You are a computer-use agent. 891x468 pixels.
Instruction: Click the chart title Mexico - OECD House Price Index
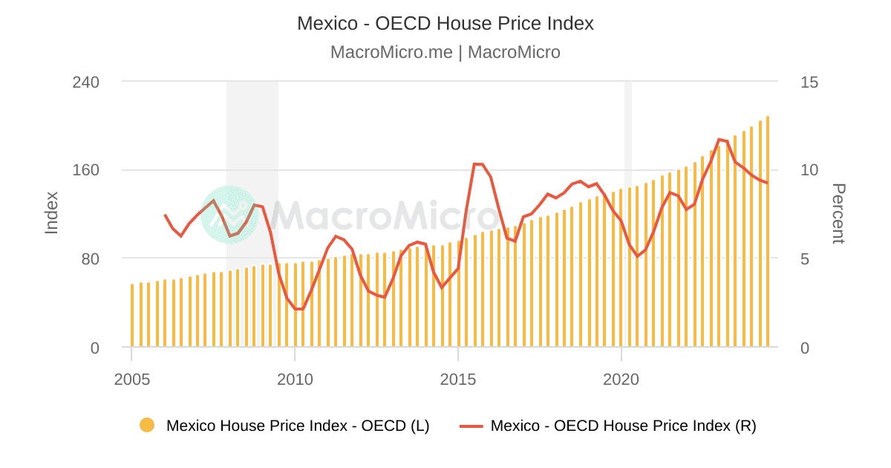(446, 23)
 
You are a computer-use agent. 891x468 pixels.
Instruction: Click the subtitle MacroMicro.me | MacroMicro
(446, 52)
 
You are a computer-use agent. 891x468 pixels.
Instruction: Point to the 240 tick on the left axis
(86, 82)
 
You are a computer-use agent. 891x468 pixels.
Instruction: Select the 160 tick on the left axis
(86, 170)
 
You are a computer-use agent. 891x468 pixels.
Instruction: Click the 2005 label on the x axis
(131, 379)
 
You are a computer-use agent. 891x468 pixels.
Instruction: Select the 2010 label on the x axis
(295, 379)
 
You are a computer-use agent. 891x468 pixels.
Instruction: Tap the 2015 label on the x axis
(458, 379)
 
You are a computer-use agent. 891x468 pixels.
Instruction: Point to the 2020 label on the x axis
(621, 379)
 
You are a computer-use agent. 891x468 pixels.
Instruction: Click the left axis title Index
(51, 212)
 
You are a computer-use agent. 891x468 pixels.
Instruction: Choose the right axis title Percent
(838, 213)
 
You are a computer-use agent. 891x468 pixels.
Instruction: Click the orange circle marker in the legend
(147, 426)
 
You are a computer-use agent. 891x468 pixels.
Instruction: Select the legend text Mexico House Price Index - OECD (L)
(298, 426)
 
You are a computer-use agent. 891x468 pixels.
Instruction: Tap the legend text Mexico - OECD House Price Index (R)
(623, 426)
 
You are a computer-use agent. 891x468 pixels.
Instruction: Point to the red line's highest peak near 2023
(719, 140)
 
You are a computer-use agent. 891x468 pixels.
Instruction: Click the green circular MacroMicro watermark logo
(229, 215)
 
